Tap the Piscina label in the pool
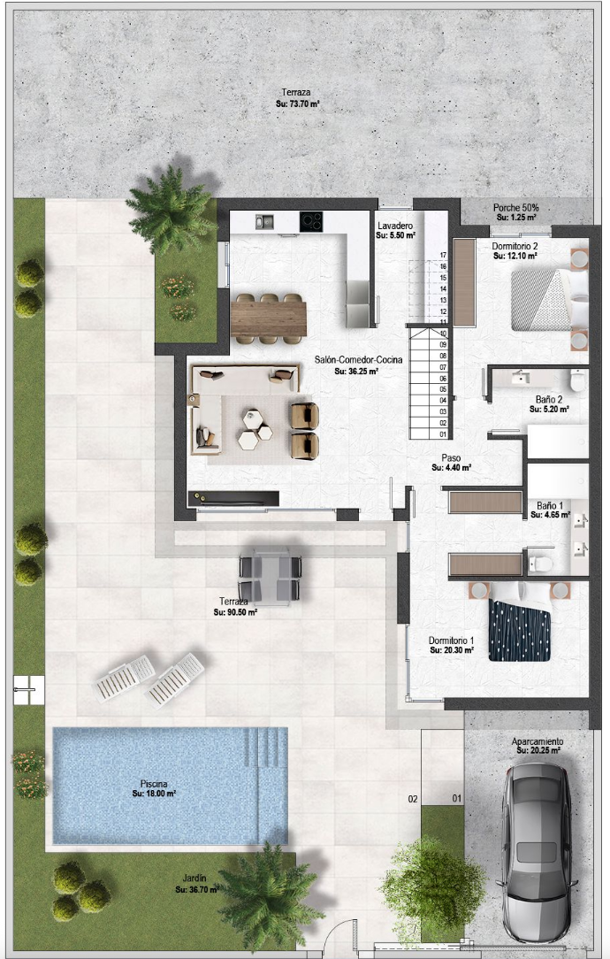point(154,784)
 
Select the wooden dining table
point(269,318)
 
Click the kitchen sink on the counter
point(264,221)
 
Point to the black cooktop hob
point(311,221)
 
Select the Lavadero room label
point(395,226)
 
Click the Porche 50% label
point(516,208)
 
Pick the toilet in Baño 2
point(577,380)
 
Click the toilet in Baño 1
point(539,564)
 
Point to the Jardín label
point(194,878)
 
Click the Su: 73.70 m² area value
point(298,104)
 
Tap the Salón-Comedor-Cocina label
point(358,359)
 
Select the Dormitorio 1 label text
point(451,641)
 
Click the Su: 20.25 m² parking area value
point(538,750)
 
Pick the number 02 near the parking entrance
point(413,799)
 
